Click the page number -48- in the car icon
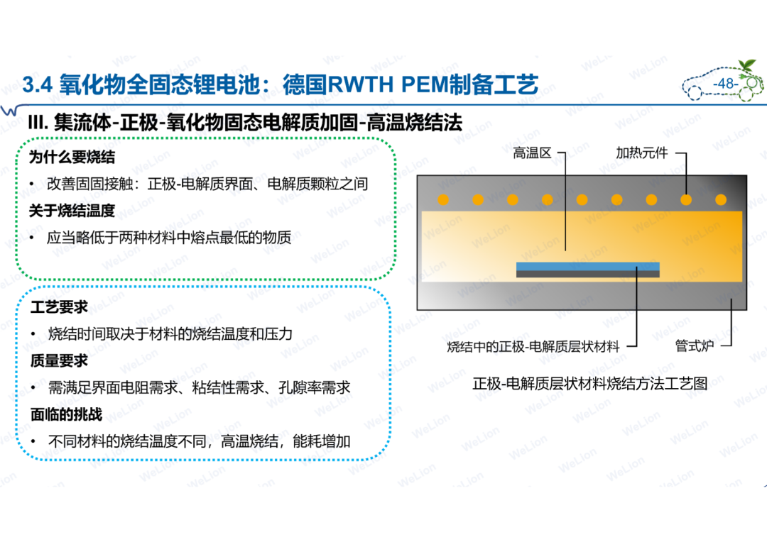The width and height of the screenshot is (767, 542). [725, 84]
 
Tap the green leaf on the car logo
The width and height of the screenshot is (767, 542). [747, 65]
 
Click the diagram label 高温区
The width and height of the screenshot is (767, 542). [532, 153]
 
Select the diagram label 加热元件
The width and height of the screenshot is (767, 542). [641, 153]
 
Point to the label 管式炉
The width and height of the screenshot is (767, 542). [694, 345]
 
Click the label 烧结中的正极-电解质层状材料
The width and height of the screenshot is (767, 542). [533, 346]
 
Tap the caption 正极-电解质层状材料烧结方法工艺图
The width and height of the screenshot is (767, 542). [590, 383]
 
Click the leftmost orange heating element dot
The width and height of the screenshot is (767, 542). [443, 199]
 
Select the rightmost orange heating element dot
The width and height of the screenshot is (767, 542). [721, 199]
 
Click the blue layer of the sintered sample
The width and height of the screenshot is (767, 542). [587, 266]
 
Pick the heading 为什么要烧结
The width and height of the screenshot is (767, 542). [72, 157]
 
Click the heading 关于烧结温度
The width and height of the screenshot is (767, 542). [72, 211]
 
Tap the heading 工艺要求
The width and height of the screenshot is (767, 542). [59, 307]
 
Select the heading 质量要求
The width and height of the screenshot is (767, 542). [59, 360]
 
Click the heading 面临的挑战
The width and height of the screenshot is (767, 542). [66, 414]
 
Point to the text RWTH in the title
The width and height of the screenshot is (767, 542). [360, 84]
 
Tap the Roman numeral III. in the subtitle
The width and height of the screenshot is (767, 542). [38, 122]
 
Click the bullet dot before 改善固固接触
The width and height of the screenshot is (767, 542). [32, 184]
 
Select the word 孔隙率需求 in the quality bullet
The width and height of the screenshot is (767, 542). [315, 387]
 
